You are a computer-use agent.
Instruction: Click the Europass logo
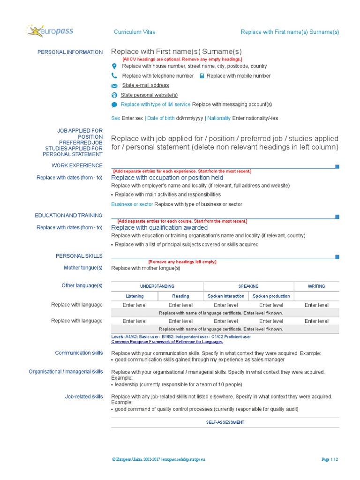click(x=49, y=32)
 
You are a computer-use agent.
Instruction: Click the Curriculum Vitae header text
click(x=135, y=32)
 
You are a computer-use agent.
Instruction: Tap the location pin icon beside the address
click(x=114, y=67)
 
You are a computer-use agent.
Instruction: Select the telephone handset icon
click(x=114, y=76)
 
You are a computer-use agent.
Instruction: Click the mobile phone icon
click(x=202, y=76)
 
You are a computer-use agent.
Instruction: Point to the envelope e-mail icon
click(x=114, y=86)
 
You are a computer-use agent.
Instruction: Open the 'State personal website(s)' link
click(x=149, y=95)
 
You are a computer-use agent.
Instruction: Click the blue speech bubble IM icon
click(x=114, y=105)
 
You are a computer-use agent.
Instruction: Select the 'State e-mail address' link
click(x=145, y=85)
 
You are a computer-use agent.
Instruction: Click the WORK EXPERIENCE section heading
click(x=77, y=165)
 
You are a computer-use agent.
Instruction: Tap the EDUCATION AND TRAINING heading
click(x=68, y=216)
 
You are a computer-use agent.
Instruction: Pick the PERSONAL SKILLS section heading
click(x=79, y=256)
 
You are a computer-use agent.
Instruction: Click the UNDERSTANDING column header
click(x=157, y=286)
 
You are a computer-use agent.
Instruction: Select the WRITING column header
click(x=316, y=286)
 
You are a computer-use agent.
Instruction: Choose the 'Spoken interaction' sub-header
click(x=226, y=296)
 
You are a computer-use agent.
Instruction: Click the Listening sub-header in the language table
click(x=135, y=296)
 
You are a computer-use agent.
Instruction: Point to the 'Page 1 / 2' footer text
click(x=330, y=460)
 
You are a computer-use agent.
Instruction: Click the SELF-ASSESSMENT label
click(x=225, y=422)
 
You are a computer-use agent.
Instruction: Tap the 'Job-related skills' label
click(x=83, y=397)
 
